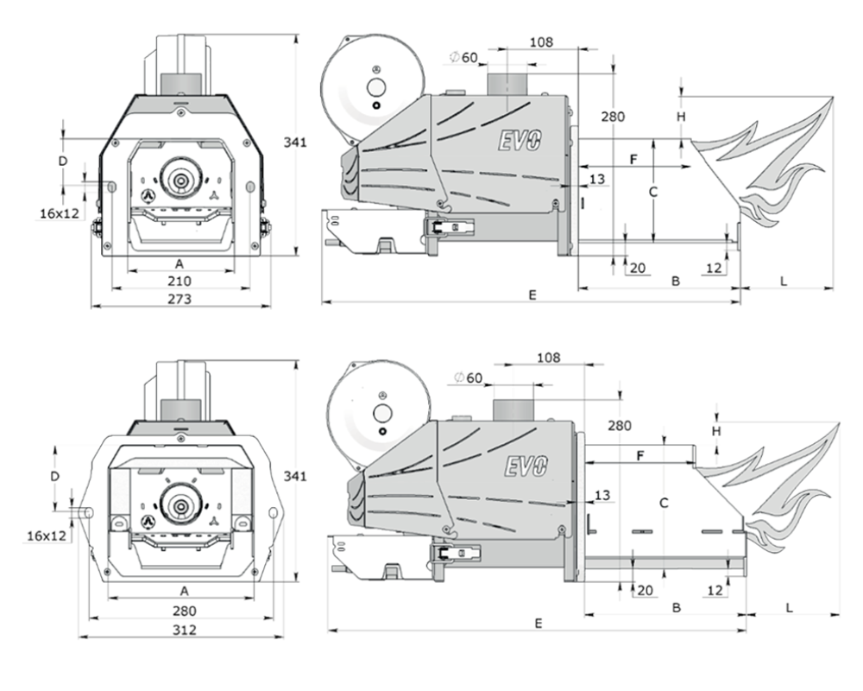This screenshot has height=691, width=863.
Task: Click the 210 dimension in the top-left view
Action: click(180, 281)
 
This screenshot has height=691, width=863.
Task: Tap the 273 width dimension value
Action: click(180, 299)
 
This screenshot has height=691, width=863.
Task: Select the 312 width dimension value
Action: click(184, 630)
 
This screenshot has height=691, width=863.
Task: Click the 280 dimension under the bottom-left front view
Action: click(184, 611)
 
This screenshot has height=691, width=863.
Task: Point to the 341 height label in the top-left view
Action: click(295, 143)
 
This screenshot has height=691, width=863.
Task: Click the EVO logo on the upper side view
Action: click(520, 141)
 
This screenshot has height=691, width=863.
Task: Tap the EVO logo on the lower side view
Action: click(526, 466)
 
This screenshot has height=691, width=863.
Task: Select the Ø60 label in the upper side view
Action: click(463, 57)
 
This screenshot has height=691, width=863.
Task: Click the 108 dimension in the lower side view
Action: click(548, 358)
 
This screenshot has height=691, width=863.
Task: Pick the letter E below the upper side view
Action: click(532, 295)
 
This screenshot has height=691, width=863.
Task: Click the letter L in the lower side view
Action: click(790, 608)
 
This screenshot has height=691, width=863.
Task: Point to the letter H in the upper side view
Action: click(682, 117)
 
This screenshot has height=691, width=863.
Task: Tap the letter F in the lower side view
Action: click(640, 456)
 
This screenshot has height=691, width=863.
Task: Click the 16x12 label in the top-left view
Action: click(60, 213)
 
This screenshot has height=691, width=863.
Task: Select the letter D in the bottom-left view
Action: click(54, 476)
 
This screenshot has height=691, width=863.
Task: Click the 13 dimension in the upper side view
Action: click(597, 179)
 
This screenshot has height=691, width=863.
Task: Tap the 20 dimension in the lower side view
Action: click(645, 591)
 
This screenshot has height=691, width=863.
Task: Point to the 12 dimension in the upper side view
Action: click(714, 268)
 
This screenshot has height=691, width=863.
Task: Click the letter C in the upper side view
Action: click(652, 193)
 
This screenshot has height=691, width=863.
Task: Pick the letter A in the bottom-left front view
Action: click(185, 591)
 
